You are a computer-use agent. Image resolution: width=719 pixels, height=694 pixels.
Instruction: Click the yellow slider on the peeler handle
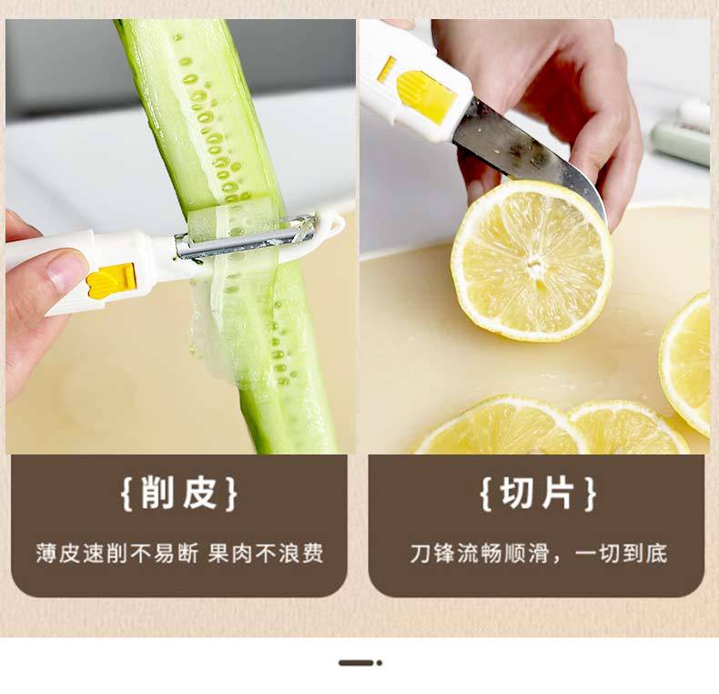[112, 281]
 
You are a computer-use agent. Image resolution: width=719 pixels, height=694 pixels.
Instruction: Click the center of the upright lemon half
[533, 264]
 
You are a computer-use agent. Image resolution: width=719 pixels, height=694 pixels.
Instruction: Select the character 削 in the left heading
[157, 493]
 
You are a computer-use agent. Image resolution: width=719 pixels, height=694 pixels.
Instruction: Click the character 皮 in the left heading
[200, 493]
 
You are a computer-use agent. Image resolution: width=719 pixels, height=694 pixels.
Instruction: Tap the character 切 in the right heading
[517, 493]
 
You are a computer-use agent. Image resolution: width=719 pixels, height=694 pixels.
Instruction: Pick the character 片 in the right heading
[559, 493]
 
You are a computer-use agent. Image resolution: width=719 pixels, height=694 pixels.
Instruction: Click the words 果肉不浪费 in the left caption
[266, 553]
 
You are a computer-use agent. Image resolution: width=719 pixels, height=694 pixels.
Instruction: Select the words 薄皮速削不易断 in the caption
[116, 553]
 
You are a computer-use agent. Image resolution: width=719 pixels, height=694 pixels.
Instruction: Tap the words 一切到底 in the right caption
[622, 553]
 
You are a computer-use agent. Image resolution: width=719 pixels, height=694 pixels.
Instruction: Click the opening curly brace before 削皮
[127, 494]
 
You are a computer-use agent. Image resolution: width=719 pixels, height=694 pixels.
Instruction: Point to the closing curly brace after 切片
[591, 494]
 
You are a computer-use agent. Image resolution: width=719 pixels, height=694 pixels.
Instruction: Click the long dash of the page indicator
[356, 663]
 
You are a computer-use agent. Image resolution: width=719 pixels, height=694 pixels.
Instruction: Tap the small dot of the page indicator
[380, 663]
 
